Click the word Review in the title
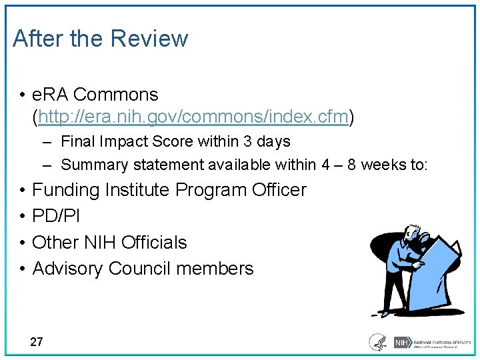point(150,39)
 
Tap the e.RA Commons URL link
point(193,117)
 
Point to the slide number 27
point(37,342)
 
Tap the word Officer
point(279,190)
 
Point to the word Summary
point(95,164)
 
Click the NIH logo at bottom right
point(401,342)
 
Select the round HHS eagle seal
point(377,342)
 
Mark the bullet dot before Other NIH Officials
point(22,243)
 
